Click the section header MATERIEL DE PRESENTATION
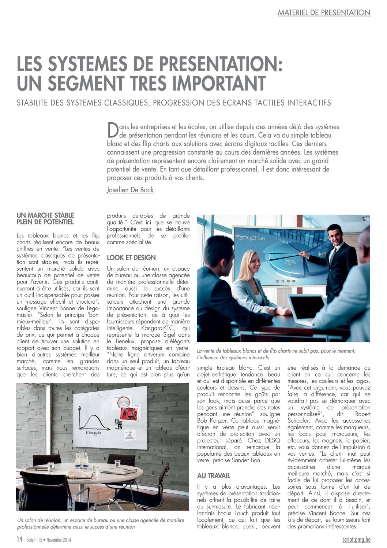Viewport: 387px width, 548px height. click(324, 12)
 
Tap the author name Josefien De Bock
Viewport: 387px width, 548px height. click(130, 190)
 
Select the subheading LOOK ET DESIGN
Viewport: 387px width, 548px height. click(131, 258)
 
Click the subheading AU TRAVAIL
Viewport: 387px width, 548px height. click(214, 475)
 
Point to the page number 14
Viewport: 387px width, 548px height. click(19, 539)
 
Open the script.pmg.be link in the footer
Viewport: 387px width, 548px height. click(356, 539)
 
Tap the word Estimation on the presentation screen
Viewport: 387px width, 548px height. click(250, 238)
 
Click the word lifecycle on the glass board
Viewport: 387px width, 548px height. click(94, 432)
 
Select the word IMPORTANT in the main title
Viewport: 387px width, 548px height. click(219, 83)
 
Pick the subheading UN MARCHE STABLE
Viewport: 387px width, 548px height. click(45, 215)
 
